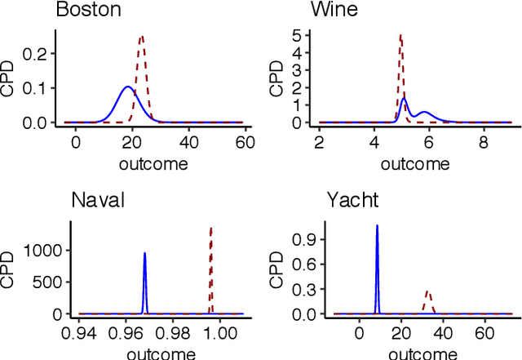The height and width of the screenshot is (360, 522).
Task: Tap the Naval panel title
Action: tap(98, 201)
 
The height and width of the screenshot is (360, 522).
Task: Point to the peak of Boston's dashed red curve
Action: tap(141, 36)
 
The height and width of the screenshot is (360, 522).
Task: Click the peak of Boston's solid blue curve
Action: tap(127, 87)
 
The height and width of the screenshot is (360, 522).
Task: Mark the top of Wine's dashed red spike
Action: tap(400, 35)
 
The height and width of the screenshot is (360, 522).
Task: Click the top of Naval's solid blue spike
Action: tap(144, 253)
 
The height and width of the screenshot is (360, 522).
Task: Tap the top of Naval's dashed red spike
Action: tap(210, 228)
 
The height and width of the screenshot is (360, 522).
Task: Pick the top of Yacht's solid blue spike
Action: tap(377, 225)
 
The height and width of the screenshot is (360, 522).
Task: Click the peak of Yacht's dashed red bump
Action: tap(427, 291)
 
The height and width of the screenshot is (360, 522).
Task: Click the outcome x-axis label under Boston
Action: tap(153, 164)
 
